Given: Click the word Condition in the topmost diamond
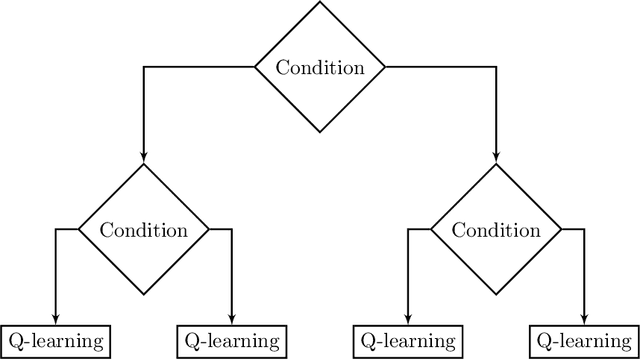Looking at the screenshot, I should [320, 68].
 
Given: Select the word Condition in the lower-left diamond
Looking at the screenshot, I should [143, 230].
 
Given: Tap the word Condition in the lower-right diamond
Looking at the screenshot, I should [497, 230].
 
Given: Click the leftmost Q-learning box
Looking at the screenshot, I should [55, 341].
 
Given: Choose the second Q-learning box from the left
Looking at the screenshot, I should [231, 341].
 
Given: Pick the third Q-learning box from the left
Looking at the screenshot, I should [409, 341].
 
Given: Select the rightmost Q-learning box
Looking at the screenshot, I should [585, 341].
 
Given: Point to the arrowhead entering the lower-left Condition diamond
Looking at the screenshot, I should [143, 158].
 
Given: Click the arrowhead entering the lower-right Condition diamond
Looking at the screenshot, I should [497, 158].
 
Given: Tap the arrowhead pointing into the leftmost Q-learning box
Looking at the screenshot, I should [55, 320].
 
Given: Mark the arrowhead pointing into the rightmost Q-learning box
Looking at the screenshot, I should [585, 320].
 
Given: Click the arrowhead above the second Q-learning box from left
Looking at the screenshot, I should [231, 320].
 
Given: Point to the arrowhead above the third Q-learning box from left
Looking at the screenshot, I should [409, 320].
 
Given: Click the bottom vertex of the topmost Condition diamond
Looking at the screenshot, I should [320, 132].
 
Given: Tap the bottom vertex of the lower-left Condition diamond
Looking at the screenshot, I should [143, 295].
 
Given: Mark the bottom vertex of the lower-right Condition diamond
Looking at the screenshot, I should [497, 295].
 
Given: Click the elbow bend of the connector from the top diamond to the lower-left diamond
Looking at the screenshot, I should [143, 67].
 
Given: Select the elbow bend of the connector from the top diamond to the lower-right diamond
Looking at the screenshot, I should [497, 67].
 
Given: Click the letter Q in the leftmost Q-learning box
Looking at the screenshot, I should [14, 341].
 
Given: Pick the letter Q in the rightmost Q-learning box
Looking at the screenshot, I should [544, 341].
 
